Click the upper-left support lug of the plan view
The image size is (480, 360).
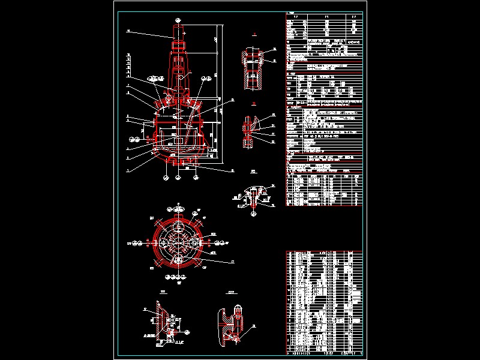[157, 221]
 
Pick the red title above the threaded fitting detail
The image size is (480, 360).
[254, 37]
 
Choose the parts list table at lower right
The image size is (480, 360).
[324, 300]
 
